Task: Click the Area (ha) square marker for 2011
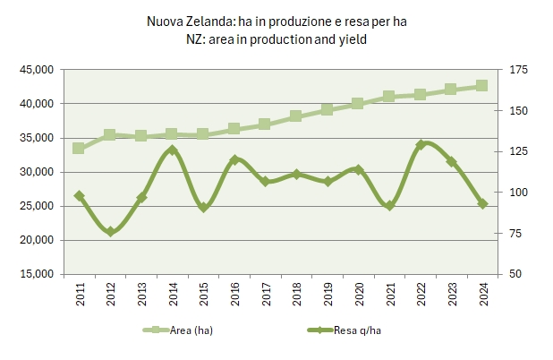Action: tap(79, 148)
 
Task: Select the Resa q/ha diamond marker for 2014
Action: tap(172, 150)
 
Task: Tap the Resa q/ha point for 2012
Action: tap(110, 232)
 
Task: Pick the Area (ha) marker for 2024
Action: tap(481, 86)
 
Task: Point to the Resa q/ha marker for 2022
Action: tap(420, 144)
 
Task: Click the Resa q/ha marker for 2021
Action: tap(388, 205)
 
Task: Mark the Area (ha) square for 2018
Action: tap(295, 116)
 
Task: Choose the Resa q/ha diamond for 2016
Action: tap(234, 160)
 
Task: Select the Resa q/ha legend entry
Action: tap(356, 330)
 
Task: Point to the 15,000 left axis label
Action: tap(36, 274)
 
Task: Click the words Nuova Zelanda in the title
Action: tap(181, 21)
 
